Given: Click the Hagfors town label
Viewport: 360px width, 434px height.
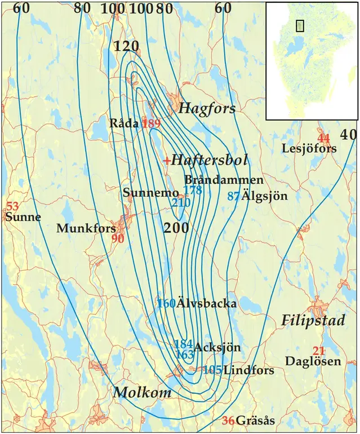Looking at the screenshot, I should [x=207, y=109].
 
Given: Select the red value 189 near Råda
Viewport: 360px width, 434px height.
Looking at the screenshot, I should [x=152, y=123].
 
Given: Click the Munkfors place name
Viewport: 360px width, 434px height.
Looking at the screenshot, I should [x=86, y=228].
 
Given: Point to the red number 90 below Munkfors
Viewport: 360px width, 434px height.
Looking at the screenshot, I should [x=118, y=239].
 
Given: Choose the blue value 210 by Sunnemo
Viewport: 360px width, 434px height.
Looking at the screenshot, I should [x=181, y=202].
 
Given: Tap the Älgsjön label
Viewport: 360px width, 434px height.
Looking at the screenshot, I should [x=264, y=197].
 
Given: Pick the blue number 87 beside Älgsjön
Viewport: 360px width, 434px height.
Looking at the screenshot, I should [x=233, y=196].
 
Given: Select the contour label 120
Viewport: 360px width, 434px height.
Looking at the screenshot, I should [x=126, y=47].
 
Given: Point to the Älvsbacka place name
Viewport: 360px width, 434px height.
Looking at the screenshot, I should [x=206, y=304].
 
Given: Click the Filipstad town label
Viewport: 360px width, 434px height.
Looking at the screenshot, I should [x=305, y=321].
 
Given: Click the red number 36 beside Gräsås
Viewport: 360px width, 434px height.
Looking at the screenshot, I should [x=228, y=420].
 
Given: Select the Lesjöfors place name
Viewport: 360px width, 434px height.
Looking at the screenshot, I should [x=309, y=149].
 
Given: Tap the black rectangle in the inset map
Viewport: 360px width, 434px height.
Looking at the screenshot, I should [x=300, y=25].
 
